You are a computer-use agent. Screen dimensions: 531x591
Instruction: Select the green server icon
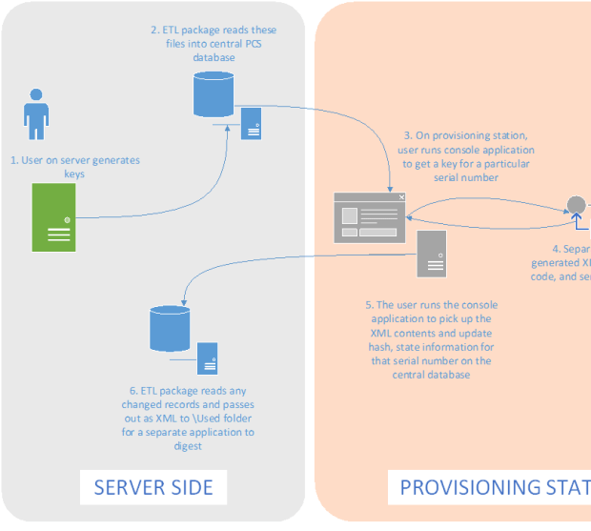(54, 217)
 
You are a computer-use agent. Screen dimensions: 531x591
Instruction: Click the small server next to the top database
(252, 122)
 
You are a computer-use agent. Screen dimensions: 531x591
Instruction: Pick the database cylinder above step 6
(171, 328)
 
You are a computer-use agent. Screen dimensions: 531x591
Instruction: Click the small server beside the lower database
(208, 357)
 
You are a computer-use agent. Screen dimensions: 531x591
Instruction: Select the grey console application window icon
(370, 217)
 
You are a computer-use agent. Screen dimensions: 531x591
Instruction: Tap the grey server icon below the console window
(431, 253)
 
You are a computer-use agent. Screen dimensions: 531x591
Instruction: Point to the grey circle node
(576, 205)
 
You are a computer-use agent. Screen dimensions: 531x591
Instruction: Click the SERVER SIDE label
(153, 488)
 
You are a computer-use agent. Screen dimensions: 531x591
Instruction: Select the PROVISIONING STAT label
(494, 488)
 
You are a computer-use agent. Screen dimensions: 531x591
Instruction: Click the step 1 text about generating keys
(74, 167)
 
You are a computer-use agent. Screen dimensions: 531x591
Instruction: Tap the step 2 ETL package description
(214, 44)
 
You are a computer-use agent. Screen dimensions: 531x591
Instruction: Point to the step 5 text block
(431, 339)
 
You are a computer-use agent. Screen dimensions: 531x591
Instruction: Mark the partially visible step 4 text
(562, 263)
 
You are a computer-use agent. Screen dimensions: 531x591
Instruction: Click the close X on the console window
(401, 197)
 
